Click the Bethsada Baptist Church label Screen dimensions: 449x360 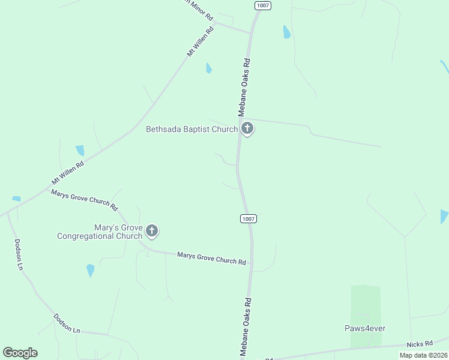click(x=192, y=129)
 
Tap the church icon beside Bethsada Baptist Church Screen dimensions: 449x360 click(x=247, y=128)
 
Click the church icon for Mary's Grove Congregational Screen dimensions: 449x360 click(x=152, y=230)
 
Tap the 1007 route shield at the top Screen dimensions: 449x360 click(x=262, y=5)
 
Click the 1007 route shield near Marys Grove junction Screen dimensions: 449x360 click(x=249, y=218)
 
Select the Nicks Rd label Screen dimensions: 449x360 click(x=420, y=344)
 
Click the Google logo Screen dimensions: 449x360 click(x=20, y=353)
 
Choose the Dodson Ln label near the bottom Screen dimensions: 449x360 click(x=67, y=323)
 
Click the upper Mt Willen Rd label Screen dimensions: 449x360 click(x=200, y=41)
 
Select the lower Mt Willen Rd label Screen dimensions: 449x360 click(x=68, y=171)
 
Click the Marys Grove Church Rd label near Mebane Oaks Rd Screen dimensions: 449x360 click(x=211, y=259)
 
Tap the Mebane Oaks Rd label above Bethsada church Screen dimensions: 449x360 click(x=243, y=87)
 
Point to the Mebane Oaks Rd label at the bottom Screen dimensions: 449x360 click(x=245, y=327)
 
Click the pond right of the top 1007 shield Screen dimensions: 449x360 click(x=287, y=32)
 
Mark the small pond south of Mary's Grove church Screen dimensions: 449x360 click(x=91, y=270)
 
